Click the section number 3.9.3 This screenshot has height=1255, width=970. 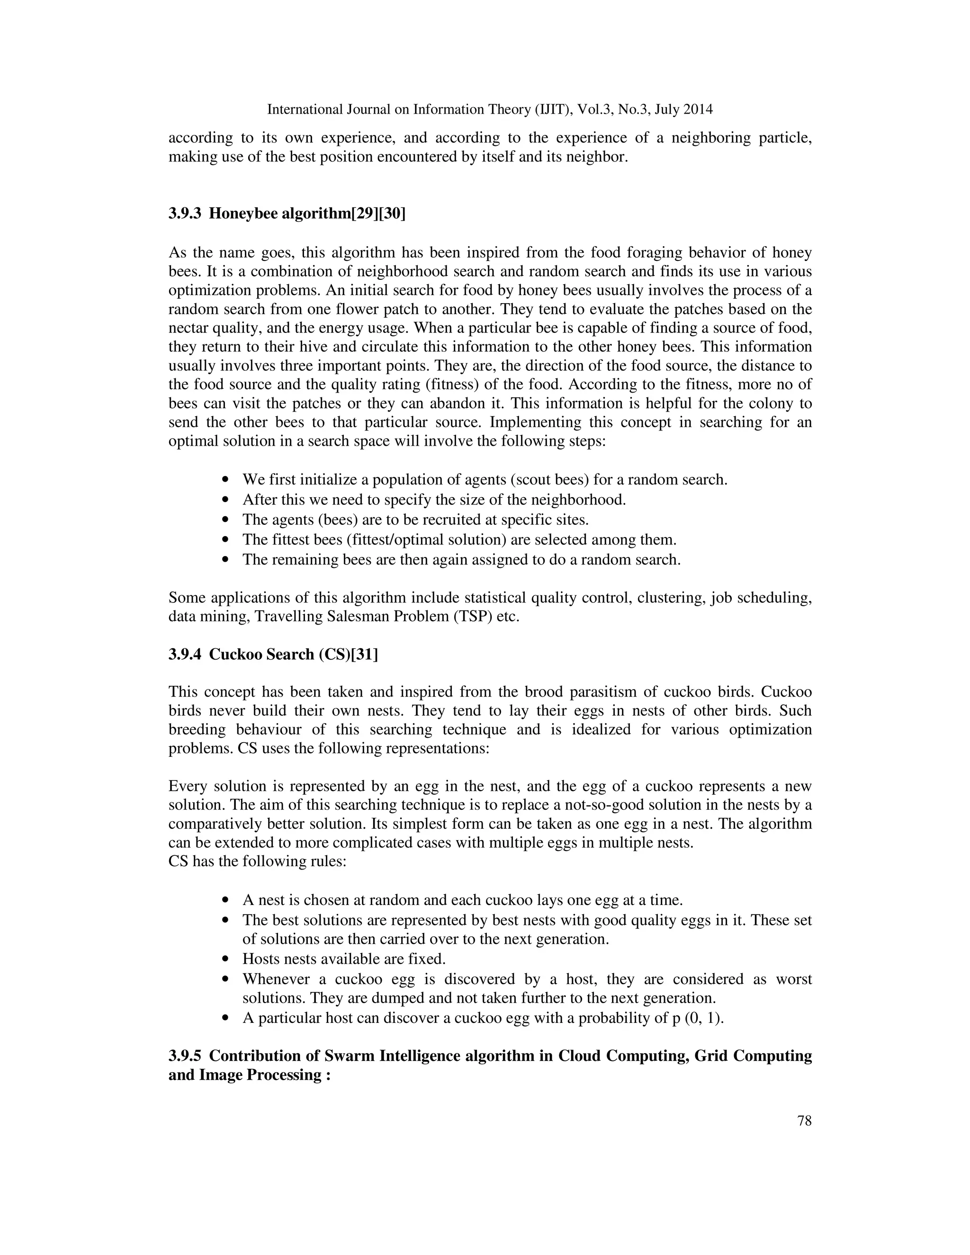coord(184,214)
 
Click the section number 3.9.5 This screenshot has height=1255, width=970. coord(184,1056)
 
